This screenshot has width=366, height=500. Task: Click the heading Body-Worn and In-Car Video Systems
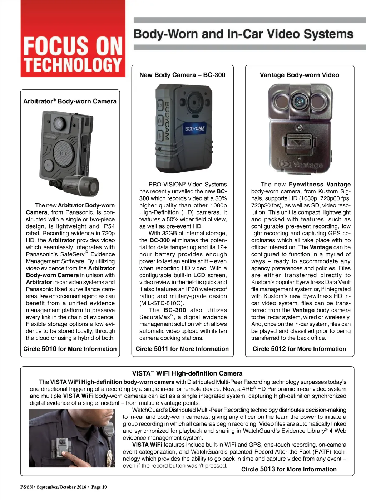coord(243,34)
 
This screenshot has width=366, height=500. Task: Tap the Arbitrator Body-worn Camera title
coord(70,101)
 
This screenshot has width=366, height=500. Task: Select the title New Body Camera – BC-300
coord(182,75)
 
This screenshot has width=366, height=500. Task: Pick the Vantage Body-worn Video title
coord(299,75)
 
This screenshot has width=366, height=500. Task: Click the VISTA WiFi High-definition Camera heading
coord(187,373)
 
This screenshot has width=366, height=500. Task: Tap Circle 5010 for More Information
coord(70,349)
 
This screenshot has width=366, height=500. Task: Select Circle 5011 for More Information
coord(182,349)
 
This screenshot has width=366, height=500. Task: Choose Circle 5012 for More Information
coord(299,349)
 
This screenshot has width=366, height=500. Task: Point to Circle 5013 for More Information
coord(289,469)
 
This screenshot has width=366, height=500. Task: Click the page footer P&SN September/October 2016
coord(63,487)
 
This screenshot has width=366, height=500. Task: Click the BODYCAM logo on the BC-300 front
coord(195,129)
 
